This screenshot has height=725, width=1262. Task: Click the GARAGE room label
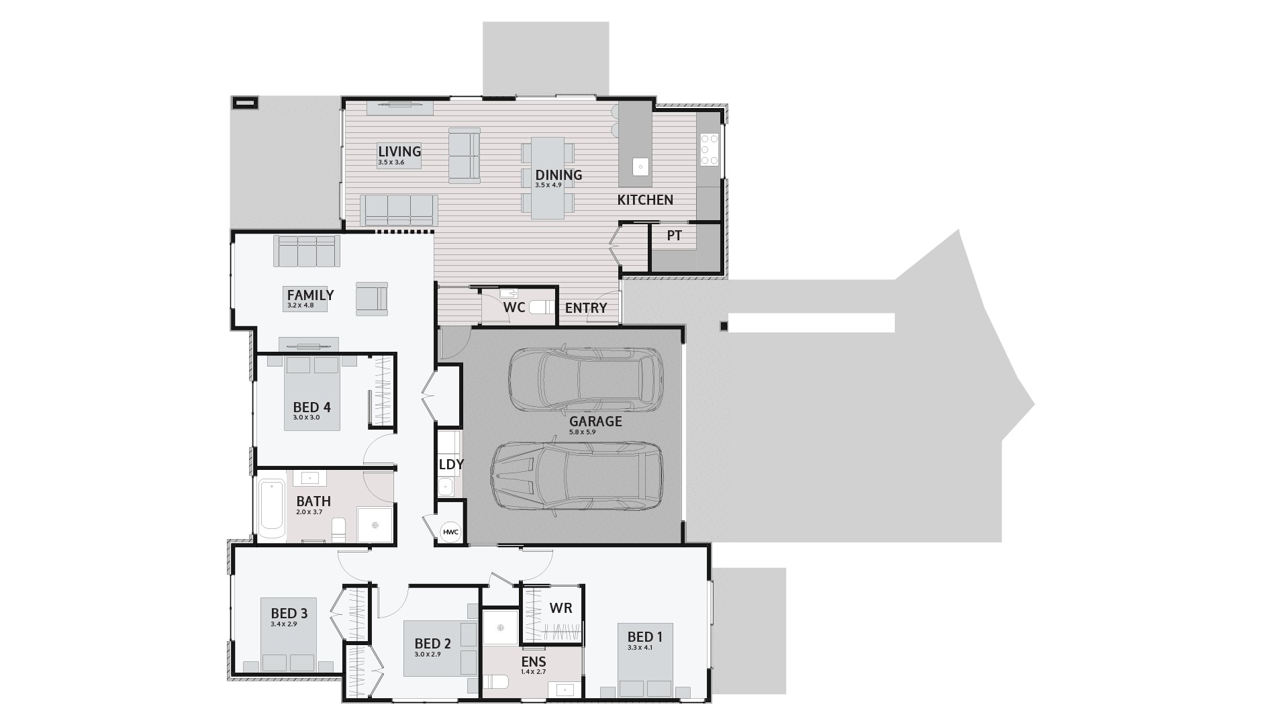pyautogui.click(x=595, y=422)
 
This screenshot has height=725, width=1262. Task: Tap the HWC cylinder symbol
pyautogui.click(x=450, y=532)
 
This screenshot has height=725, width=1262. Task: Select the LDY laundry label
pyautogui.click(x=451, y=465)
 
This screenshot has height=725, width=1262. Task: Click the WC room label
pyautogui.click(x=514, y=308)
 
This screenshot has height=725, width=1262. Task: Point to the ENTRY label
pyautogui.click(x=586, y=308)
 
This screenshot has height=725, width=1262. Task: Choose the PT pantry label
pyautogui.click(x=674, y=236)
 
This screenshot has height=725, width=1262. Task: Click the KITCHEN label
pyautogui.click(x=645, y=200)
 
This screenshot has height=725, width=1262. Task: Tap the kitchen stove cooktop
pyautogui.click(x=710, y=150)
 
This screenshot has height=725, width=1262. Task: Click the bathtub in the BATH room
pyautogui.click(x=272, y=509)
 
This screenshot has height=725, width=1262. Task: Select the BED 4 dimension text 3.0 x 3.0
pyautogui.click(x=306, y=418)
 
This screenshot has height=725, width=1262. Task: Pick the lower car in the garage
pyautogui.click(x=577, y=475)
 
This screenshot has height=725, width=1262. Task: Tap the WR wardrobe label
pyautogui.click(x=561, y=608)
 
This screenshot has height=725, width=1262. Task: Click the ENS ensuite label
pyautogui.click(x=534, y=662)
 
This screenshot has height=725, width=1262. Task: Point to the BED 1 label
pyautogui.click(x=644, y=637)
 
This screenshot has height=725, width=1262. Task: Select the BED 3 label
pyautogui.click(x=289, y=614)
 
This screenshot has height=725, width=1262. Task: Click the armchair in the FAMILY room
pyautogui.click(x=372, y=297)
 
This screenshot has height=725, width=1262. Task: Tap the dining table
pyautogui.click(x=548, y=178)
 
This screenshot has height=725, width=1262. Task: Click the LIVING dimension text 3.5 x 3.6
pyautogui.click(x=391, y=162)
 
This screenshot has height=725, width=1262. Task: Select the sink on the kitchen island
pyautogui.click(x=640, y=166)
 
